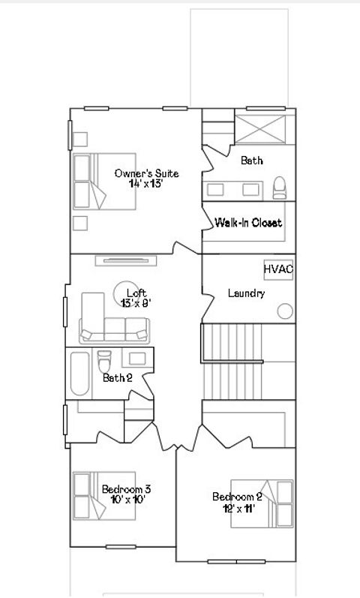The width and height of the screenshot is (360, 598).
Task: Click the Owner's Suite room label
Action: coord(146,173)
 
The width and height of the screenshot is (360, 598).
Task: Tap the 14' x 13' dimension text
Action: coord(146,184)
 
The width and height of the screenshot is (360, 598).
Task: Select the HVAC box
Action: coord(277,269)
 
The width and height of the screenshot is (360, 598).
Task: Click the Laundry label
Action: coord(246,293)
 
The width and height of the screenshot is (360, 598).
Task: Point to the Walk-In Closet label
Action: coord(248,223)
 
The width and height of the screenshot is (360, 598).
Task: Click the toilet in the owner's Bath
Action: coord(279,187)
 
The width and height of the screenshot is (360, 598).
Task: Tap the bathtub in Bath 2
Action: coord(79,373)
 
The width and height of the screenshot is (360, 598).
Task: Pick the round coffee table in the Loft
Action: coord(124,290)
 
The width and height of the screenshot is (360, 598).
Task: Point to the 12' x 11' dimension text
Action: coord(237,508)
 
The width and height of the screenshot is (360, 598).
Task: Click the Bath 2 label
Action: coord(117,377)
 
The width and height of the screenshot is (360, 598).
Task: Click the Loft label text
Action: coord(136,293)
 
